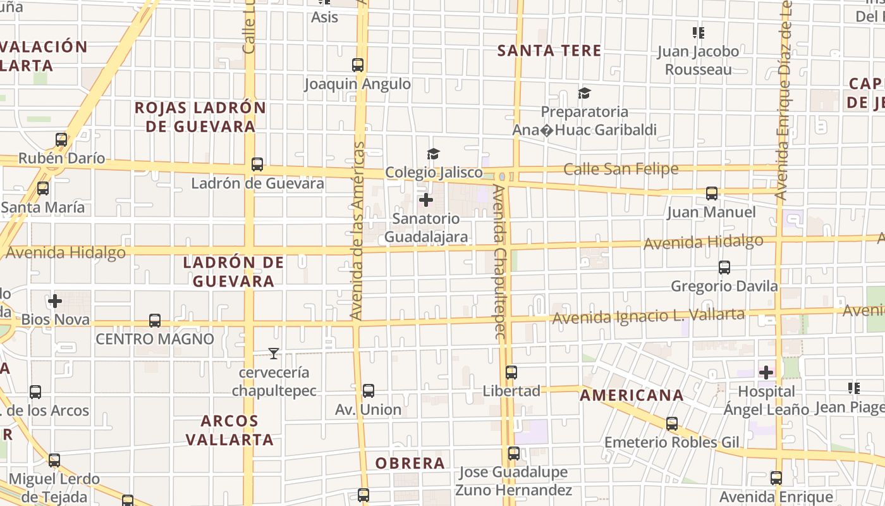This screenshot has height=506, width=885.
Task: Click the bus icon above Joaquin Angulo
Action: (x=358, y=65)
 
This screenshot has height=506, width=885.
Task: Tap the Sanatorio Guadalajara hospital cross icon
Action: (x=426, y=201)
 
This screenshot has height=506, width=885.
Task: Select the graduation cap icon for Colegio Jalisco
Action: (x=433, y=154)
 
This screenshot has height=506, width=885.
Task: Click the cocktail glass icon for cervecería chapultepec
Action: (x=274, y=353)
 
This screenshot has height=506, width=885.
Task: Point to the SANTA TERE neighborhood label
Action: (x=549, y=51)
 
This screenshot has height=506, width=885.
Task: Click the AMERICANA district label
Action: (x=632, y=395)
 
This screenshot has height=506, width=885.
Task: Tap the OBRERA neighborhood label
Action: (x=410, y=463)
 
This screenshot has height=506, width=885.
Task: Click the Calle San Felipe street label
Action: (x=620, y=169)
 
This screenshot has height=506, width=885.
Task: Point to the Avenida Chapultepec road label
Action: (x=499, y=262)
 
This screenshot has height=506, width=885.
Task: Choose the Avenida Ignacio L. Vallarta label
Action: (x=648, y=316)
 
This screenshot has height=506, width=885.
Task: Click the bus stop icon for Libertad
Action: (x=511, y=373)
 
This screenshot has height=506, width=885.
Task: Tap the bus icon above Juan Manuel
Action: (x=712, y=194)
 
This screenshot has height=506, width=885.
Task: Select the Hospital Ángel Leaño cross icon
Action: (x=766, y=373)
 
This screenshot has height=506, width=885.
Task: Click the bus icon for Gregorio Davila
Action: (x=724, y=268)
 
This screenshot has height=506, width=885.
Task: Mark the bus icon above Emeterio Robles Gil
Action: (x=672, y=424)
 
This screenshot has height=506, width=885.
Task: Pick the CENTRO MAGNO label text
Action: (x=155, y=339)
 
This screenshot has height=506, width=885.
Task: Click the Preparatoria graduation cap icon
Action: (x=584, y=94)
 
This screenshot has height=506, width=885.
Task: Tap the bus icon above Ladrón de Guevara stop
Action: (x=257, y=164)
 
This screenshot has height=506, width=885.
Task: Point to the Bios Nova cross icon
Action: (x=55, y=301)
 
